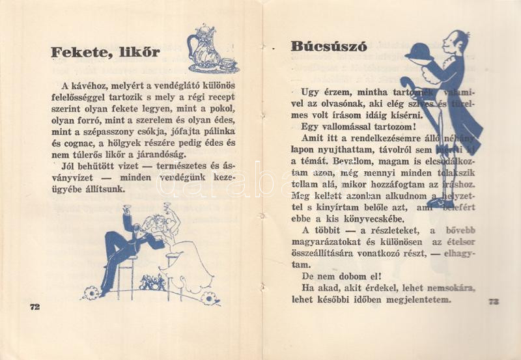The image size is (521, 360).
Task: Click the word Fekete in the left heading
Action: pos(80,53)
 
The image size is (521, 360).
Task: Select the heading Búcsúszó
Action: pos(329,47)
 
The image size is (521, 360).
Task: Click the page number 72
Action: pos(35,307)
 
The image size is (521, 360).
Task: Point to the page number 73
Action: pos(494,301)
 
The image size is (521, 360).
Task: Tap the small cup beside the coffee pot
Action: pos(228,63)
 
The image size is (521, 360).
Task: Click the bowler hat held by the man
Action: pos(419,51)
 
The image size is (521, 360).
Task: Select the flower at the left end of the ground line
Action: pos(91,293)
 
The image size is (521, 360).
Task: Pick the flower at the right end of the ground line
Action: pos(210,298)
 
